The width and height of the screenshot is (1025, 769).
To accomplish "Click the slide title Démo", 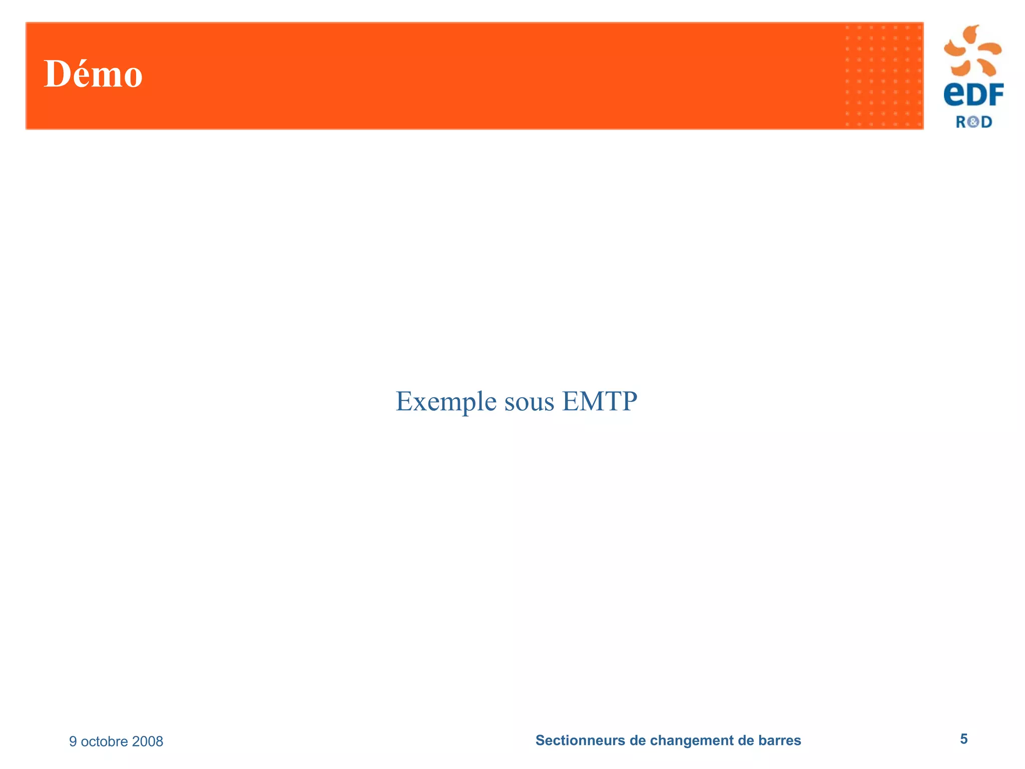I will coord(93,74).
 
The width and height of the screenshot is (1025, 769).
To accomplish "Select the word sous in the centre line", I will coord(529,402).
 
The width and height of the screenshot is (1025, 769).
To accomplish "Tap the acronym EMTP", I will coord(600,401).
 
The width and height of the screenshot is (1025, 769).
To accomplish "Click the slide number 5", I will coord(963,739).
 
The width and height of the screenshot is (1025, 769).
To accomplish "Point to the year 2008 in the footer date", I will coord(148,741).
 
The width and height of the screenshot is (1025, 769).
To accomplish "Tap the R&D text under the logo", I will coord(973,122).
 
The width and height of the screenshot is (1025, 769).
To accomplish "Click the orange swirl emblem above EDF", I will coord(972,50).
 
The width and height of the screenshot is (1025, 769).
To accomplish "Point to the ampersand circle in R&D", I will coord(973,122).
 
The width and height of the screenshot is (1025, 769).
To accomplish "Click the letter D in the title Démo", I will coord(56,74).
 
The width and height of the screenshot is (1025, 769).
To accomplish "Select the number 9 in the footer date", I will coord(73,741).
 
